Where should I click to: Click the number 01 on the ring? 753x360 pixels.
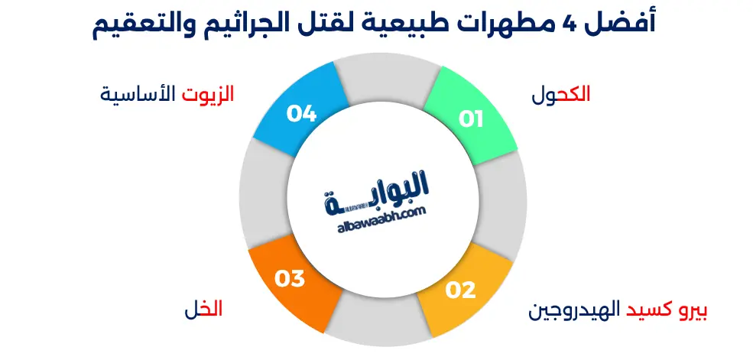point(471,119)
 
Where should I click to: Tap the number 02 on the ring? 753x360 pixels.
point(461,290)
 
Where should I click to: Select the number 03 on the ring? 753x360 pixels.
point(290,279)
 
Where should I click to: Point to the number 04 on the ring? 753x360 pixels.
point(302,115)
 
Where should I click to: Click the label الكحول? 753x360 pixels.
point(562,95)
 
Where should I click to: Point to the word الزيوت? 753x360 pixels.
point(208,95)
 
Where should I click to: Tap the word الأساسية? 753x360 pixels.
point(138,95)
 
